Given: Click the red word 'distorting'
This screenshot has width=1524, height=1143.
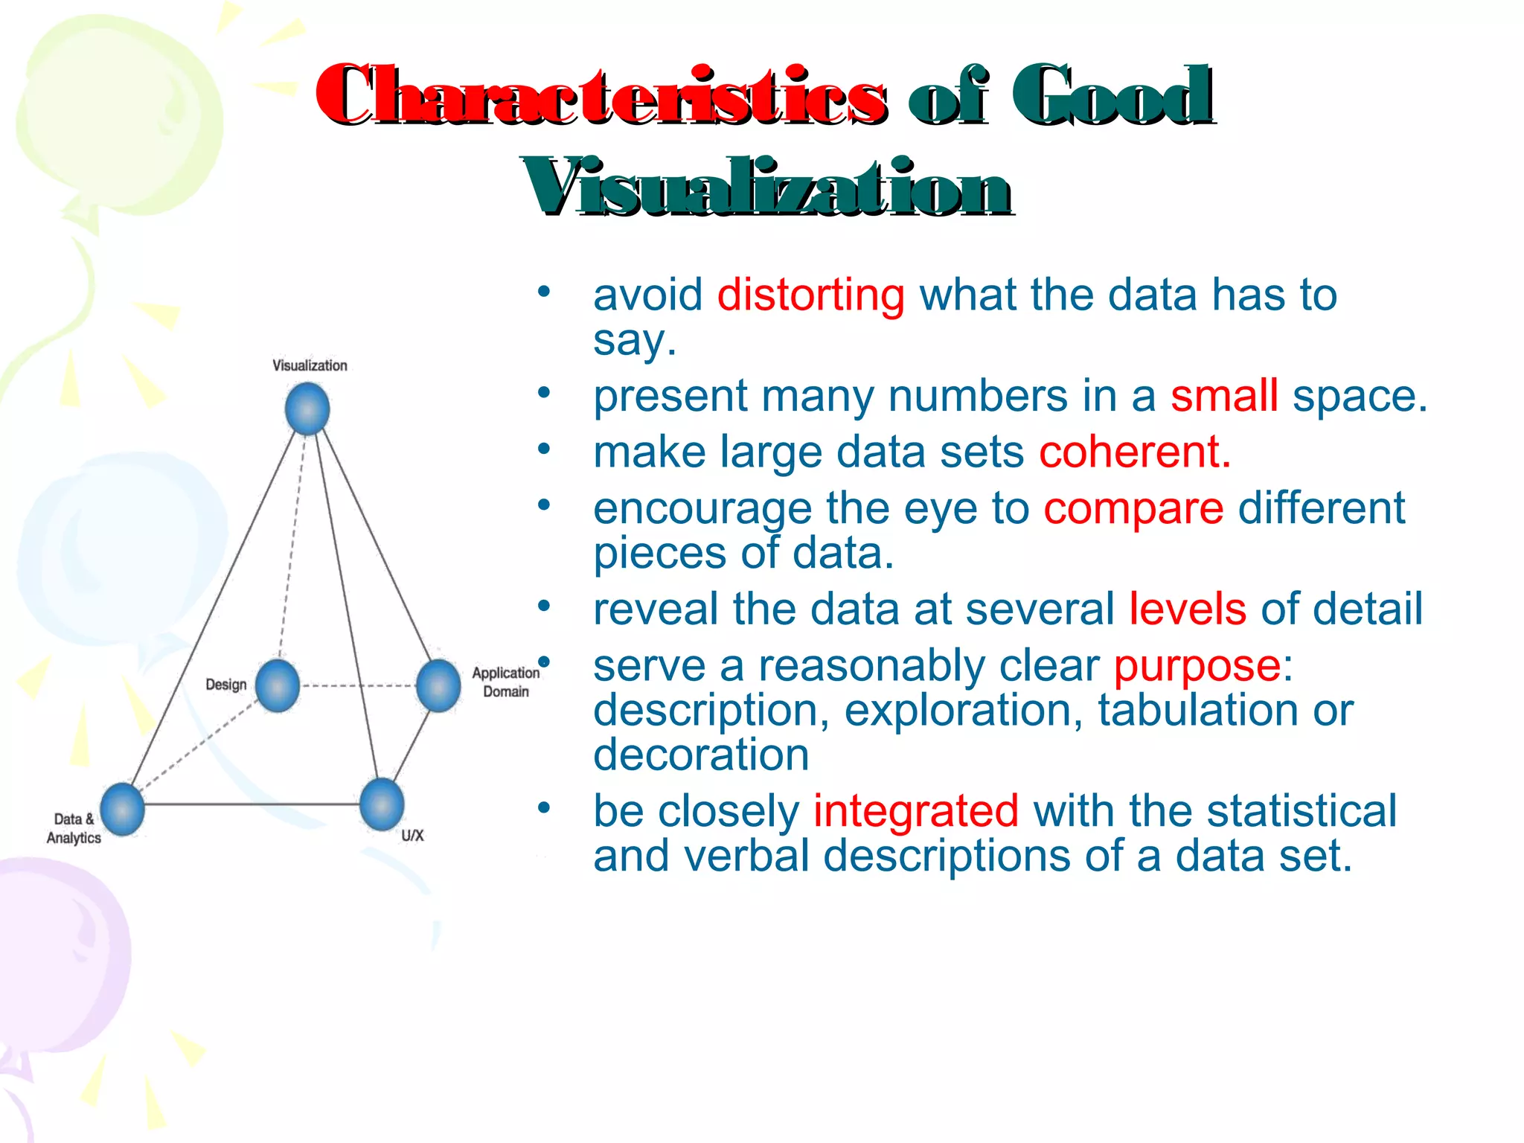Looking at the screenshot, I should click(810, 295).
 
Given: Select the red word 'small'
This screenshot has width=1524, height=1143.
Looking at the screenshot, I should click(1224, 396).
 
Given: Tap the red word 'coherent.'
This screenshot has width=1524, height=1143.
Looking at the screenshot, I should click(1135, 452).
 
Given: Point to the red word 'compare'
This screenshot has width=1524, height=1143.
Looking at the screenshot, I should click(1133, 509).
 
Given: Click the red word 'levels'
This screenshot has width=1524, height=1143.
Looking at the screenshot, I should click(1188, 609).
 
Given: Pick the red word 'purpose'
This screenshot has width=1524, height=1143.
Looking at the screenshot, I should click(1197, 665).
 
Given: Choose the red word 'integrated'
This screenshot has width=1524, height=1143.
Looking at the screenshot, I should click(916, 811).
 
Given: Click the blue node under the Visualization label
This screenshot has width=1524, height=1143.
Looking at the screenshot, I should click(307, 409).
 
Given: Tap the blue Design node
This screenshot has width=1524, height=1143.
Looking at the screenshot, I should click(278, 685).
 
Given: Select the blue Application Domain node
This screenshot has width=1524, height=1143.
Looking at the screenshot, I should click(438, 685).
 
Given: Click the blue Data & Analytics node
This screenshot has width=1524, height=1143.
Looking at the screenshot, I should click(122, 809).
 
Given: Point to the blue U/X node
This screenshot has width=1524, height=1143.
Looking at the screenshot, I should click(382, 804).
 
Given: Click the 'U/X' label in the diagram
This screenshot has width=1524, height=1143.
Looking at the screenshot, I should click(412, 836).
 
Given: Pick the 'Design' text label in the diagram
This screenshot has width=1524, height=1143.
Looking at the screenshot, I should click(225, 685).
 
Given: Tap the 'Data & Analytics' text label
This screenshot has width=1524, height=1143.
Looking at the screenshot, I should click(74, 828).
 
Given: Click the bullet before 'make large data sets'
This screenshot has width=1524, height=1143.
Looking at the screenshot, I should click(545, 449).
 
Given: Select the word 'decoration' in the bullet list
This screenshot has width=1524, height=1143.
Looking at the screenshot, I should click(701, 755).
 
